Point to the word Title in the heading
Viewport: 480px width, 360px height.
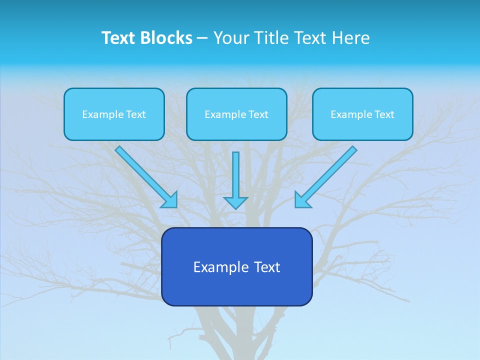(272, 38)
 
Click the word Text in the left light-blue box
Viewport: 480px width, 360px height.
(136, 114)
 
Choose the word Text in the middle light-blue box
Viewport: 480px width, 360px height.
(258, 114)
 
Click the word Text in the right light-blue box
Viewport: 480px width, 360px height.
(384, 114)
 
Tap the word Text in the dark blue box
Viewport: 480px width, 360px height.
(267, 267)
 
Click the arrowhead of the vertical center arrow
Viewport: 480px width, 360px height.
(235, 203)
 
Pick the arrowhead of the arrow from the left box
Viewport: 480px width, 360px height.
(170, 200)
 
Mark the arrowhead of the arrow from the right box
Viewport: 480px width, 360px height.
(301, 200)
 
